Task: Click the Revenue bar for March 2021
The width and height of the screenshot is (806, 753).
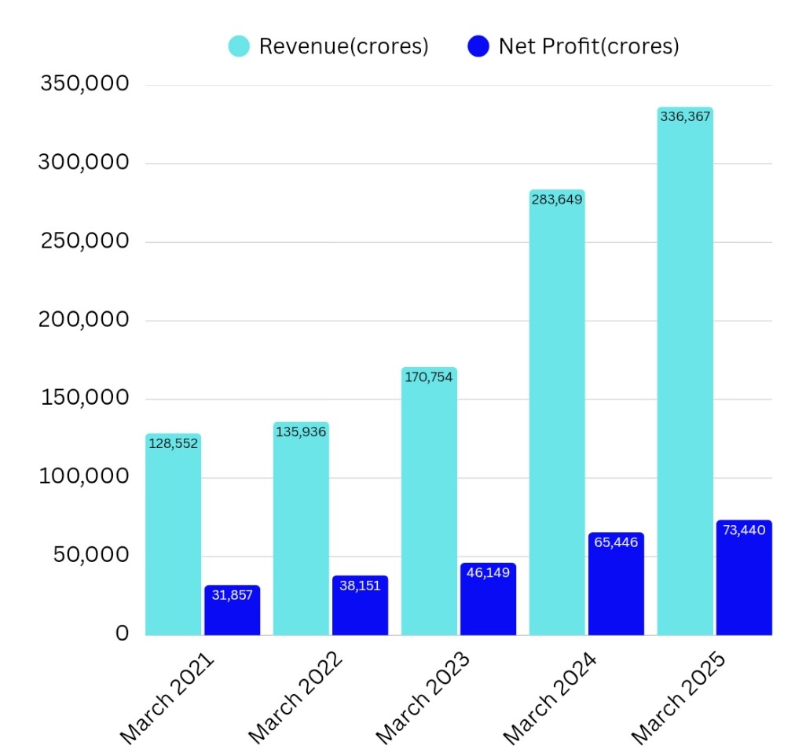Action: pos(174,542)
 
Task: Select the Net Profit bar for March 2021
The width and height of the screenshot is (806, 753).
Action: pos(232,613)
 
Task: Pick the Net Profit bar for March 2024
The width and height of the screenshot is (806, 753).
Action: pos(616,590)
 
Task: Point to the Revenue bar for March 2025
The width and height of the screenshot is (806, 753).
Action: pos(685,377)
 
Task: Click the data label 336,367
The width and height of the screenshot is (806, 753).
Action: pos(685,116)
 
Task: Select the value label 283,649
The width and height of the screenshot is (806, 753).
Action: pos(557,199)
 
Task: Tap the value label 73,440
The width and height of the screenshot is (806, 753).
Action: pos(743,529)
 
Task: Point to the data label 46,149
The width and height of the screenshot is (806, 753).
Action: pos(488,572)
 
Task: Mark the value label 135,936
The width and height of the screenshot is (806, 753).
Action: pos(301,431)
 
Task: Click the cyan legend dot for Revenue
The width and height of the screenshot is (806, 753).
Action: pos(239,46)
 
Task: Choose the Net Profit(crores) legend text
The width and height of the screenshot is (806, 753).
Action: pos(588,46)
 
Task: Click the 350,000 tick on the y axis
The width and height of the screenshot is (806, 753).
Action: pos(84,83)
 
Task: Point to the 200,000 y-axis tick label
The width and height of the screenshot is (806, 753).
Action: pos(84,319)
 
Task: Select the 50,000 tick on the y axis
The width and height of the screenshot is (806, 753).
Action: pos(90,555)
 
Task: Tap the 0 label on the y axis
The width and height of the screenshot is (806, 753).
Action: pos(122,634)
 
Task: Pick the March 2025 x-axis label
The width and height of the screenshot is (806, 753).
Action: pos(680,696)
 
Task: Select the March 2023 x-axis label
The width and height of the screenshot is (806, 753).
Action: pos(424,696)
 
